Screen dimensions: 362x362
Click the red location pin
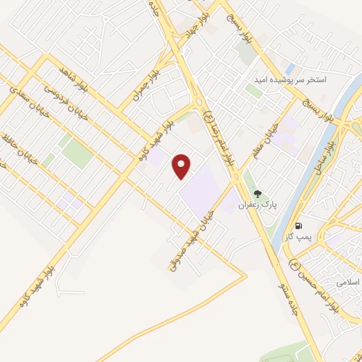(183, 166)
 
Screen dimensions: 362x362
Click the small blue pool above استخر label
(290, 69)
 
